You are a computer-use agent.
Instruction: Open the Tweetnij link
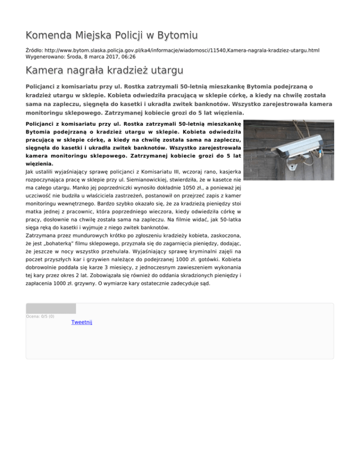click(x=82, y=322)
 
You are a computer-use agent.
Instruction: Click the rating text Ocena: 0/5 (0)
click(x=40, y=316)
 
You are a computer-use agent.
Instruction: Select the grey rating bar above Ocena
click(x=51, y=308)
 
